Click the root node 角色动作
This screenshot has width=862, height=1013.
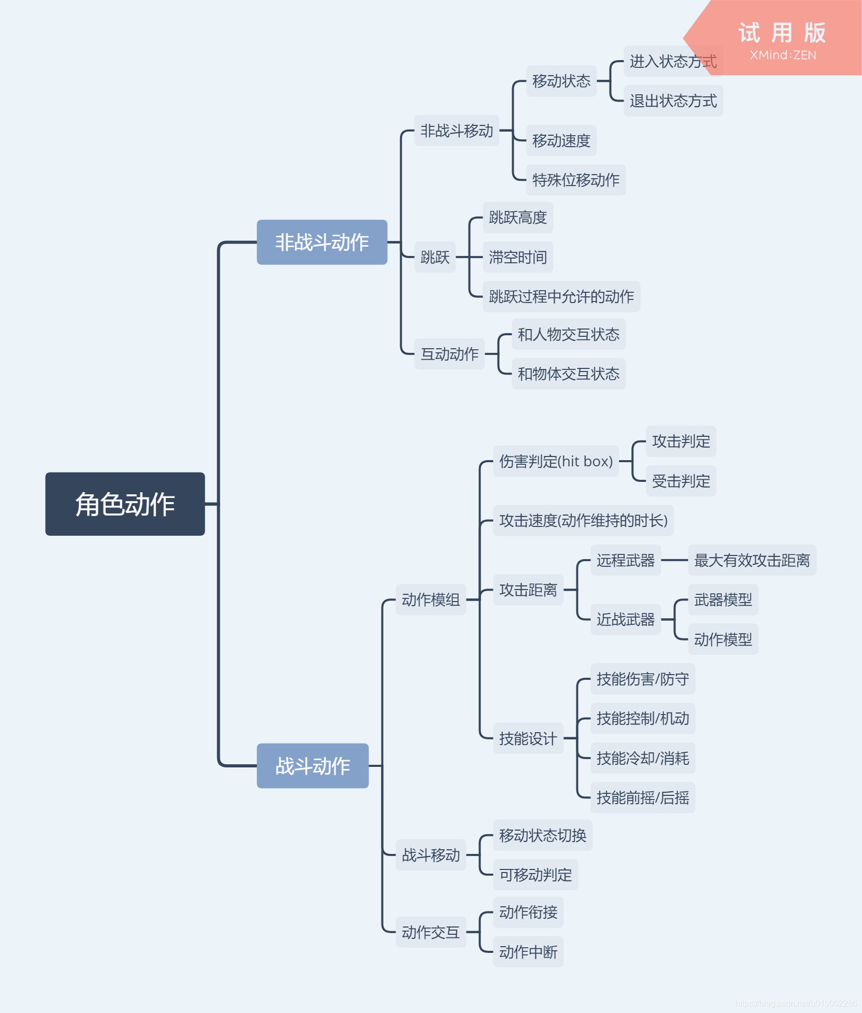(x=125, y=504)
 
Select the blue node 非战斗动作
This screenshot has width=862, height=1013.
(x=322, y=242)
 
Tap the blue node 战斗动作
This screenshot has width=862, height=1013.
(x=313, y=765)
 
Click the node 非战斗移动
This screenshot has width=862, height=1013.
(x=457, y=131)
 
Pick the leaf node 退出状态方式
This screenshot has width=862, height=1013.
(x=673, y=101)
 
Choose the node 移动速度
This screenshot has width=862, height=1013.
(x=561, y=140)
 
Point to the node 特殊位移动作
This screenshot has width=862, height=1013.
(x=575, y=180)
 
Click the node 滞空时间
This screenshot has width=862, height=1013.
(x=517, y=257)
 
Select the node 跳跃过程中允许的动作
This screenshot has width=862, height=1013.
(x=561, y=296)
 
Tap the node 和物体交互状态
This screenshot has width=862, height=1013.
(x=568, y=374)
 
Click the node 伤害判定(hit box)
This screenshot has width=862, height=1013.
(x=556, y=461)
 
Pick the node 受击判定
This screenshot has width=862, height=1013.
(x=681, y=481)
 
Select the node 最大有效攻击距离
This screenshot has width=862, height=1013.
(x=752, y=560)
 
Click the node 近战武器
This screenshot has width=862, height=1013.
(x=625, y=619)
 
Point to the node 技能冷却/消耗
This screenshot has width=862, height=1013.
(x=642, y=758)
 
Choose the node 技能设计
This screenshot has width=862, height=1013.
(x=528, y=738)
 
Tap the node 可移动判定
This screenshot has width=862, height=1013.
(x=535, y=875)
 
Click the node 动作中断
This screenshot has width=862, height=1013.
(x=528, y=952)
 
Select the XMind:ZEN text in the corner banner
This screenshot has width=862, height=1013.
(x=783, y=55)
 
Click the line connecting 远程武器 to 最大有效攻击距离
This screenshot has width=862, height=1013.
(x=674, y=560)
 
